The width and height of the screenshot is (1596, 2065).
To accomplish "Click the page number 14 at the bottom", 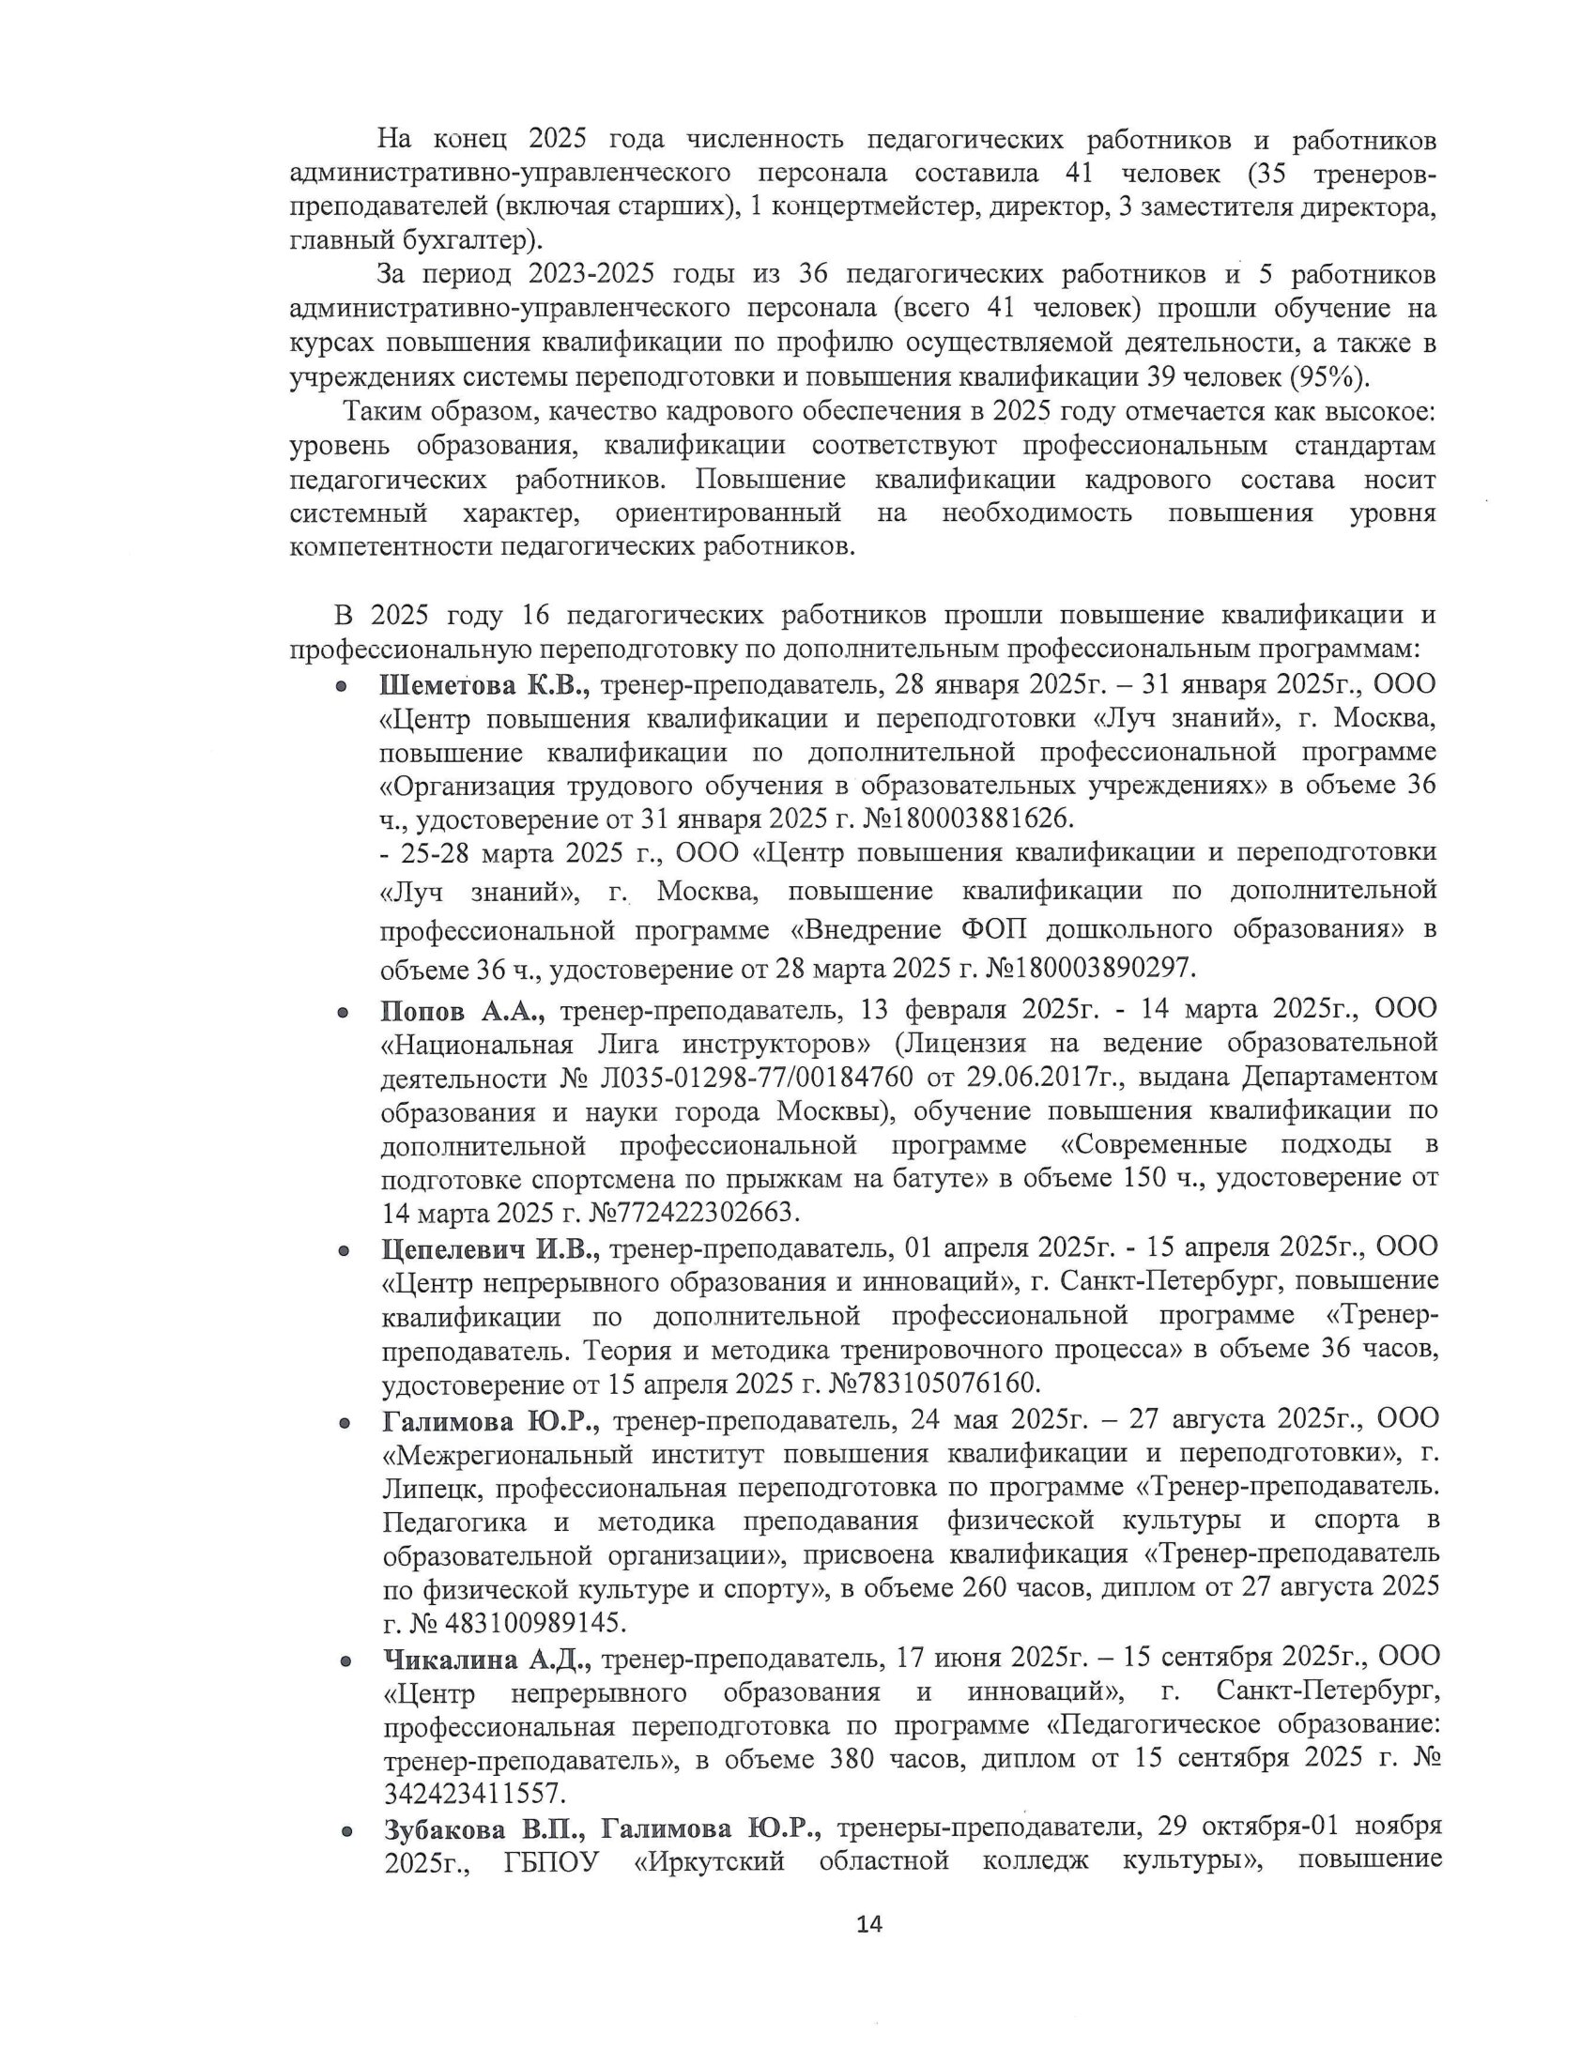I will (868, 1923).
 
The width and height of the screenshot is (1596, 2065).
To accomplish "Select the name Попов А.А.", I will (462, 1011).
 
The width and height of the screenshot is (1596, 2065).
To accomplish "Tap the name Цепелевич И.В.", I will (491, 1248).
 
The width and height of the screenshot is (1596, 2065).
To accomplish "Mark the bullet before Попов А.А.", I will (345, 1013).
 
